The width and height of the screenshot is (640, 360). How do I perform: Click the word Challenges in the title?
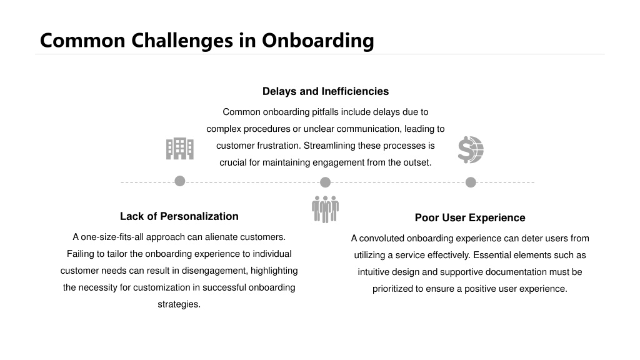pos(182,41)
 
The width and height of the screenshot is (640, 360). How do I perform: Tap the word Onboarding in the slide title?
pos(318,41)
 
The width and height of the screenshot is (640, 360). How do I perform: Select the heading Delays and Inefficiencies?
pos(326,91)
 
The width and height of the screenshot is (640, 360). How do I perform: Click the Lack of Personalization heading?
pos(179,216)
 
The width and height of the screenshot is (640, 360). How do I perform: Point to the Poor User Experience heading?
pos(470,217)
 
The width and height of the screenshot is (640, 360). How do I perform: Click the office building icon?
pos(180,149)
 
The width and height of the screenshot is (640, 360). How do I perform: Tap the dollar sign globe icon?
pos(471,150)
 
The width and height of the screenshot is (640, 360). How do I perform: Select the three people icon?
pos(325,209)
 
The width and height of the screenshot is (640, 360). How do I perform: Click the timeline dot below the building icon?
pos(179,181)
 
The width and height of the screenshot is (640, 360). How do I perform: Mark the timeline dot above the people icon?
pos(325,182)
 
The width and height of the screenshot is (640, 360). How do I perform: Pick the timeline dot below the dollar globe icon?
pos(471,182)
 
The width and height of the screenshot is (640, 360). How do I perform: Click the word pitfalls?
pos(325,112)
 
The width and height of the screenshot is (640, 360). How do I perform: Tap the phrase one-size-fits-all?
pos(112,237)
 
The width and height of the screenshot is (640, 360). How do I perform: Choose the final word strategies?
pos(179,304)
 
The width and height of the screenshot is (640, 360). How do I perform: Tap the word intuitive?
pos(374,272)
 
